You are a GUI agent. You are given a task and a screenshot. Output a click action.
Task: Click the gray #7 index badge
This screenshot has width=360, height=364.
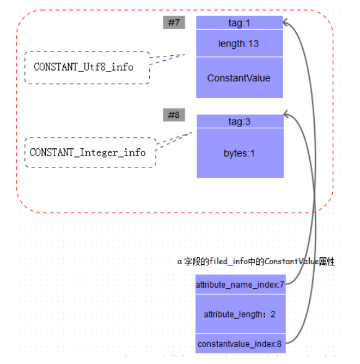click(x=174, y=22)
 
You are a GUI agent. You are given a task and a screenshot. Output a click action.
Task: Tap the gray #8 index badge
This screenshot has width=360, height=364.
click(x=174, y=115)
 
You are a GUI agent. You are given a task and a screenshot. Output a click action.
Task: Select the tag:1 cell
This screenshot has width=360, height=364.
click(x=239, y=23)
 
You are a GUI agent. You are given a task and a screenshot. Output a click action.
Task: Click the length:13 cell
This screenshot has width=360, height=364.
click(x=239, y=43)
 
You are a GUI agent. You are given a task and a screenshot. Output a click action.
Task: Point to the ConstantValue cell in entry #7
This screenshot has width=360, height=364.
click(x=239, y=78)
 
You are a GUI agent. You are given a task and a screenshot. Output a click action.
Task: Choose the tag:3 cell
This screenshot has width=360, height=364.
click(x=240, y=121)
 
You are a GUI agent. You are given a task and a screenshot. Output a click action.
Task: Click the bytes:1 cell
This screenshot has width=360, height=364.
click(x=240, y=153)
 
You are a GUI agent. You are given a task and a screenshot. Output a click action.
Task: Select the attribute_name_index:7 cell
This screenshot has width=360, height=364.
click(x=240, y=285)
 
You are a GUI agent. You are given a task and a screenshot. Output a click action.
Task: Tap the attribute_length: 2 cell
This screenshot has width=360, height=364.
click(x=240, y=314)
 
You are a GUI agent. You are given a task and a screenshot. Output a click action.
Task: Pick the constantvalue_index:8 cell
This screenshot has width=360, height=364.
click(x=240, y=344)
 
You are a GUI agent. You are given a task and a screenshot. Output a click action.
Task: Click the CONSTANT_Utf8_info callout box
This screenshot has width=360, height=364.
click(x=87, y=68)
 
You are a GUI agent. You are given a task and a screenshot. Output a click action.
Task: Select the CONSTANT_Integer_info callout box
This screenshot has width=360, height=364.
click(x=90, y=153)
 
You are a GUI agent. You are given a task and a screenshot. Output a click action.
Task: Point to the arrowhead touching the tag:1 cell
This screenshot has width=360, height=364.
click(x=284, y=22)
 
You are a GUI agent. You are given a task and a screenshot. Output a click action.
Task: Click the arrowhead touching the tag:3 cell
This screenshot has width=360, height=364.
click(x=285, y=114)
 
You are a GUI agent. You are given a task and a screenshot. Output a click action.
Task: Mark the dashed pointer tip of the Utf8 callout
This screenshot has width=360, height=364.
click(x=185, y=55)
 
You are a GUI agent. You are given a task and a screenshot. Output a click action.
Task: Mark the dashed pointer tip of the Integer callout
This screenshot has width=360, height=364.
click(x=192, y=133)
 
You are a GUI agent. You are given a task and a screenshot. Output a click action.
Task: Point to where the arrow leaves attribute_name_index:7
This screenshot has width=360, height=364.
click(x=286, y=284)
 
